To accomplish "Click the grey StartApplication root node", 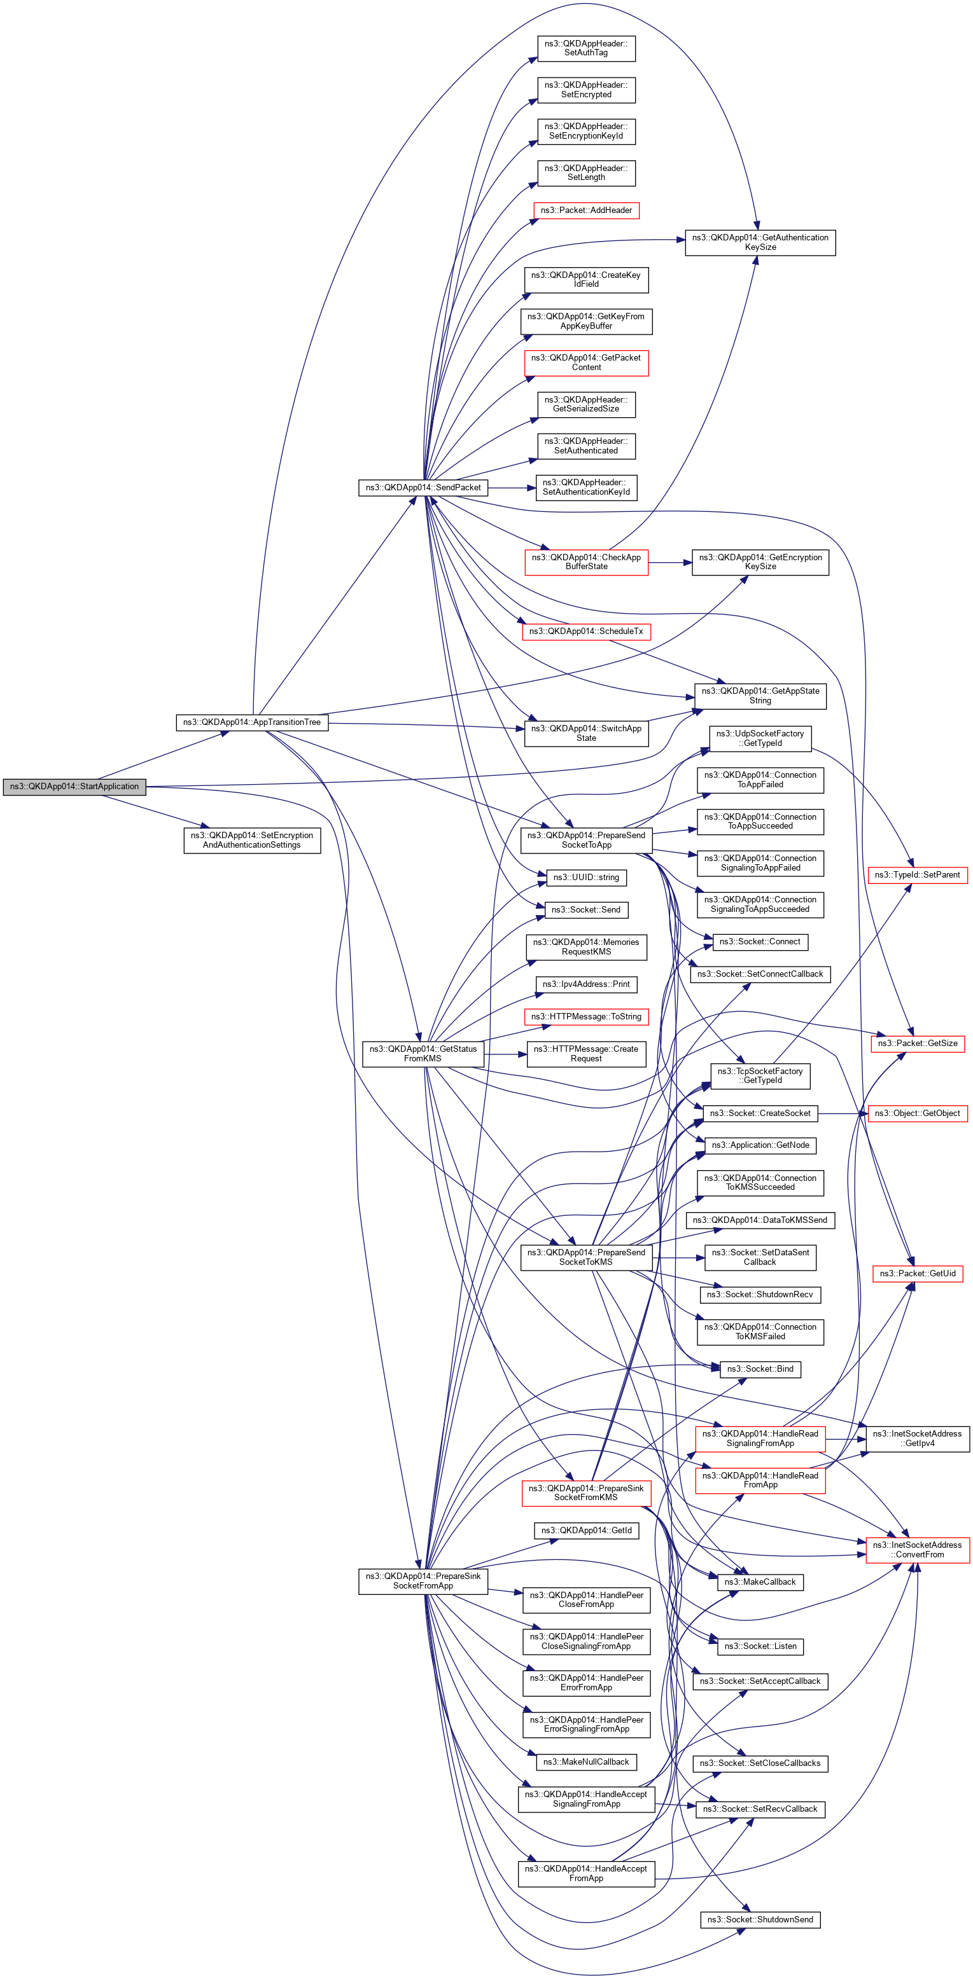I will [74, 787].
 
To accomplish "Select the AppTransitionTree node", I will [251, 722].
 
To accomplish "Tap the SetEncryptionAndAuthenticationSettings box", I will [251, 839].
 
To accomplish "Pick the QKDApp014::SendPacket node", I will [423, 487].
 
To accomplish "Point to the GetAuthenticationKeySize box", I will [759, 243].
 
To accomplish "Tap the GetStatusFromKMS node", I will [423, 1053].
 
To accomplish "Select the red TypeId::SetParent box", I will [917, 875].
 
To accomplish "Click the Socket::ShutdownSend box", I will [759, 1919].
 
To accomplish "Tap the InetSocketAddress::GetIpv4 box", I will [917, 1438].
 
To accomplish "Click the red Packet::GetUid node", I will [917, 1273].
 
